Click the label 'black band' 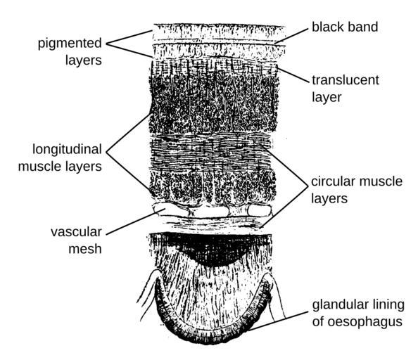coord(345,27)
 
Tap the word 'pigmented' coord(70,44)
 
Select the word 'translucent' coord(346,80)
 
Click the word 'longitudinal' coord(67,150)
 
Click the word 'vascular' coord(76,232)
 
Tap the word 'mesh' coord(85,249)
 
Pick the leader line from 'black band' coord(291,36)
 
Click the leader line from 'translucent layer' coord(292,75)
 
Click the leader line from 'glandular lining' coord(279,321)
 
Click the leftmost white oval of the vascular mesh coord(171,209)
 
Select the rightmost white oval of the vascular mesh coord(260,210)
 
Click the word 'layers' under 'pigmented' coord(84,60)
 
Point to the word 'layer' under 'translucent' coord(327,97)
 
